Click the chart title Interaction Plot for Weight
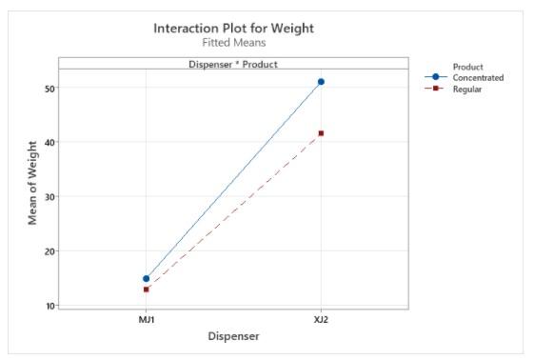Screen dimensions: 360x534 pyautogui.click(x=233, y=28)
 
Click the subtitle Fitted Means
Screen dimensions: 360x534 pyautogui.click(x=233, y=43)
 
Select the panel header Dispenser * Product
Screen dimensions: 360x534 pyautogui.click(x=233, y=64)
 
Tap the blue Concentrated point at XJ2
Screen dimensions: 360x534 pyautogui.click(x=321, y=82)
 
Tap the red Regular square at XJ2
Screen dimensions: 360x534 pyautogui.click(x=321, y=133)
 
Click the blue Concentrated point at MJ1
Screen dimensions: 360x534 pyautogui.click(x=146, y=279)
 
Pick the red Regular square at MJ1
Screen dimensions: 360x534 pyautogui.click(x=146, y=290)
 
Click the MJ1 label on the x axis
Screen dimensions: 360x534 pyautogui.click(x=146, y=319)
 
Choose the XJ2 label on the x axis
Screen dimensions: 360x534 pyautogui.click(x=321, y=319)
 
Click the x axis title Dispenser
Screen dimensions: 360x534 pyautogui.click(x=233, y=335)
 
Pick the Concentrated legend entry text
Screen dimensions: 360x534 pyautogui.click(x=479, y=77)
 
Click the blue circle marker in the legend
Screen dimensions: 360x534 pyautogui.click(x=436, y=77)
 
